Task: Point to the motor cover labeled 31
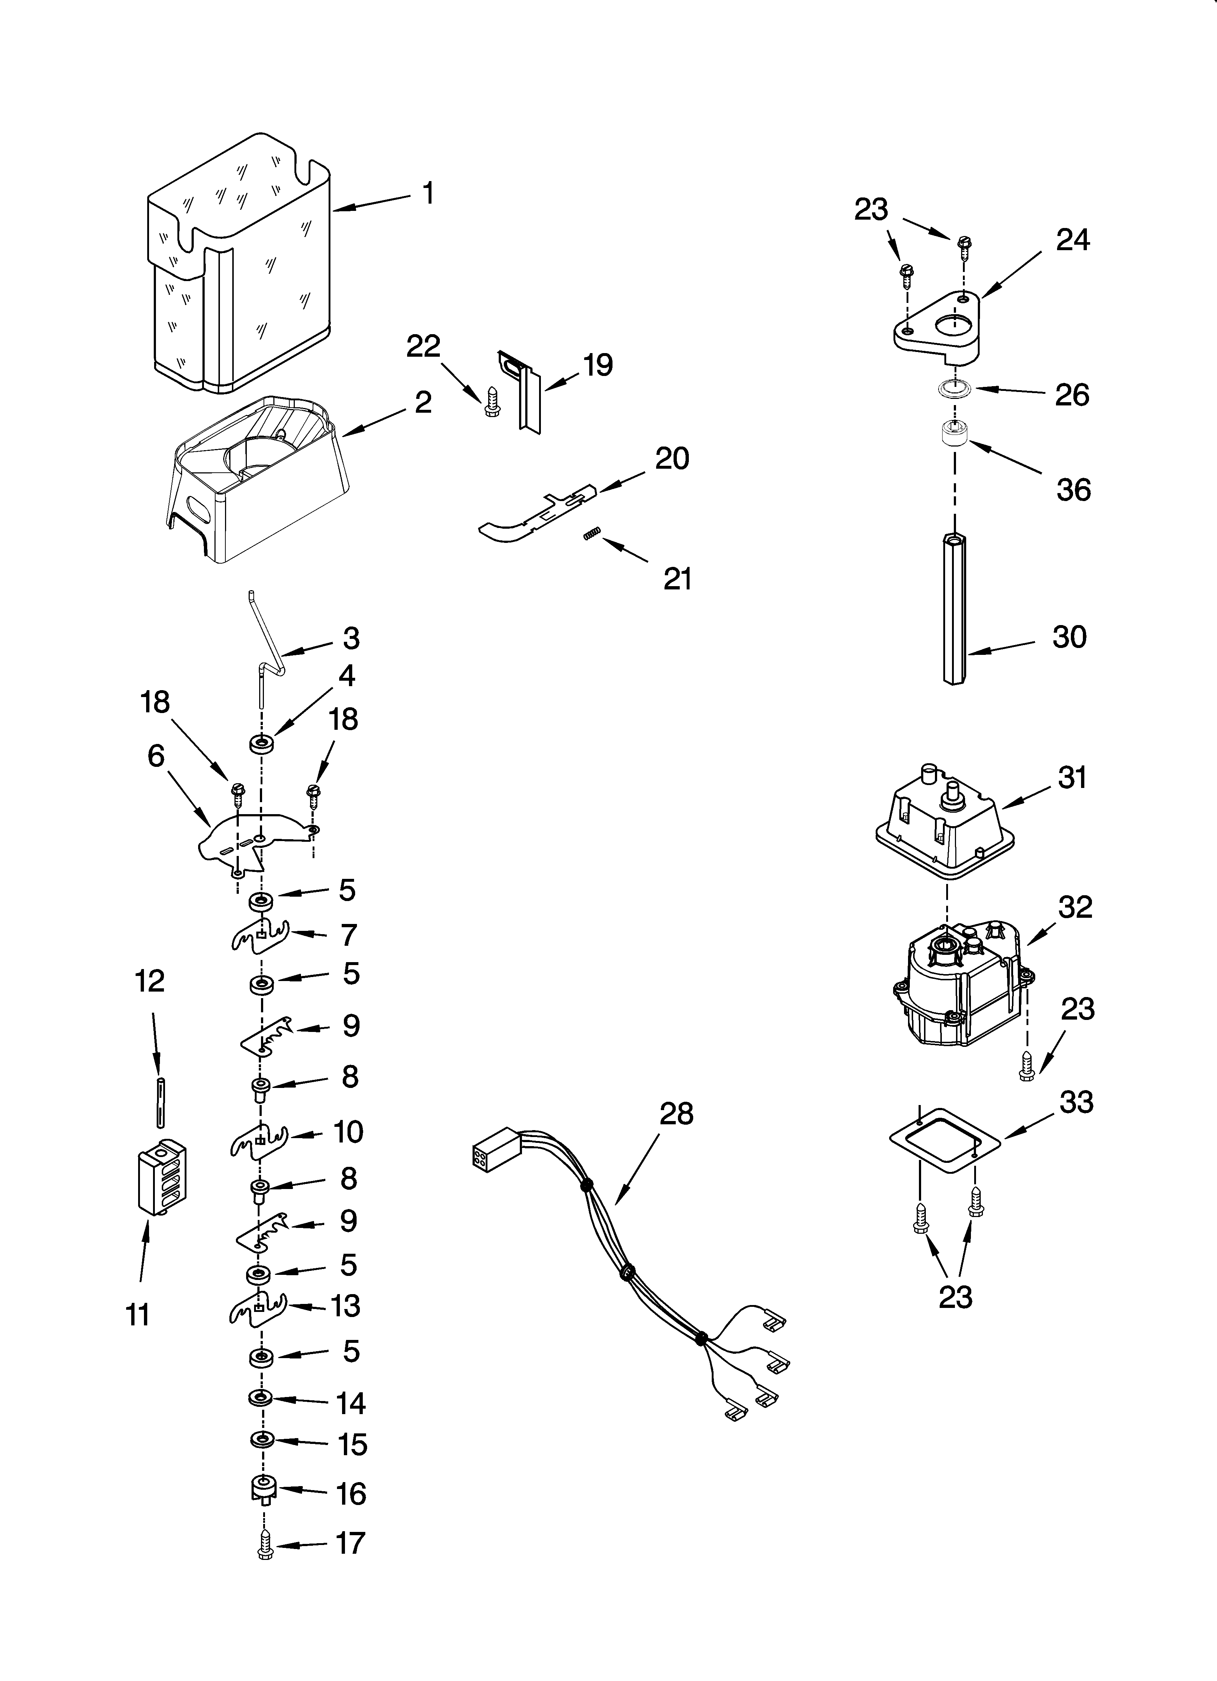[x=945, y=823]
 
